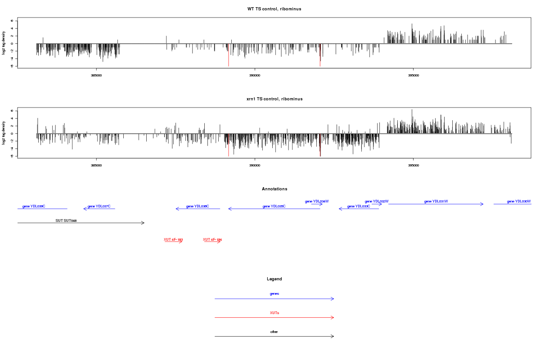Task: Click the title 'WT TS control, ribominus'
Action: pos(274,9)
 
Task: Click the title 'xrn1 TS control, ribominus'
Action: pos(274,99)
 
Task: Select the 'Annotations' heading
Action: pos(274,189)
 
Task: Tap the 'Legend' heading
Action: pos(274,279)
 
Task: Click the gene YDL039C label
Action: pos(34,206)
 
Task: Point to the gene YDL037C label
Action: pos(99,206)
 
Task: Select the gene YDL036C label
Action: pos(198,206)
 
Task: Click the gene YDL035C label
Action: pos(274,206)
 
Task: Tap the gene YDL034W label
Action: pos(317,201)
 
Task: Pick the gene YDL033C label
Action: pos(359,206)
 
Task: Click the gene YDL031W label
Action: pos(436,201)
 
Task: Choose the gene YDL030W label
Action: pos(519,201)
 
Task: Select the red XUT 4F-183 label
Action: pos(173,239)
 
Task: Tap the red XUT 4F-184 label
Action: pos(212,239)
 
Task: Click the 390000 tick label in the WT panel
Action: pos(255,76)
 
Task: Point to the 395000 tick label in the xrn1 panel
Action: pos(414,166)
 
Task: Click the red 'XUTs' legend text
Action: pos(274,313)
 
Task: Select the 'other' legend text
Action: pos(274,332)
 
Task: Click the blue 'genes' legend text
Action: pos(274,293)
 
